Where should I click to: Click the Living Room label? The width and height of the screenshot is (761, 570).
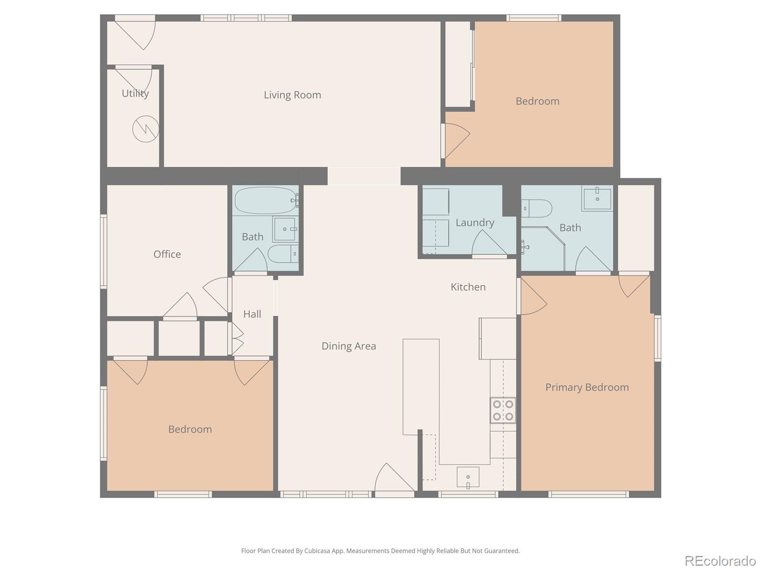tap(292, 95)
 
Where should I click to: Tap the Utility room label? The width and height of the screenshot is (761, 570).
tap(135, 94)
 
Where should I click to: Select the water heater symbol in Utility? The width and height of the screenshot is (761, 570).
tap(146, 129)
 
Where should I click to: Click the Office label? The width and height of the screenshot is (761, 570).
tap(167, 254)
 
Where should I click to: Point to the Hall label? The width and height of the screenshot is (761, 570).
tap(252, 314)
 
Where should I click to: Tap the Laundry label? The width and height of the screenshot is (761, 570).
tap(475, 222)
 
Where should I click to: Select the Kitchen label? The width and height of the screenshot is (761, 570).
tap(468, 287)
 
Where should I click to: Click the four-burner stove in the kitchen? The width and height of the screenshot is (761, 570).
tap(503, 410)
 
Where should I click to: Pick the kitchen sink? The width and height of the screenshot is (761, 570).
tap(468, 477)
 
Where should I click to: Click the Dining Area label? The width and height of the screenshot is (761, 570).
tap(349, 346)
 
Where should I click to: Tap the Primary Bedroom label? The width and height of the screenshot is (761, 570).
tap(587, 388)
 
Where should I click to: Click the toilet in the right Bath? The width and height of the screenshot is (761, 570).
tap(537, 208)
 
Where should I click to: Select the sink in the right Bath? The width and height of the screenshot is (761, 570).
tap(597, 198)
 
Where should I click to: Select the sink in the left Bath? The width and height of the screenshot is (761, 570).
tap(285, 229)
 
